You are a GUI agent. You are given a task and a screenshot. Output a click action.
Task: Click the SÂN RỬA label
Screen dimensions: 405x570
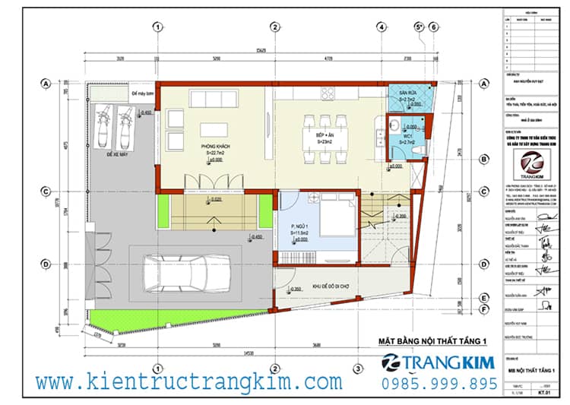click(x=408, y=93)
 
